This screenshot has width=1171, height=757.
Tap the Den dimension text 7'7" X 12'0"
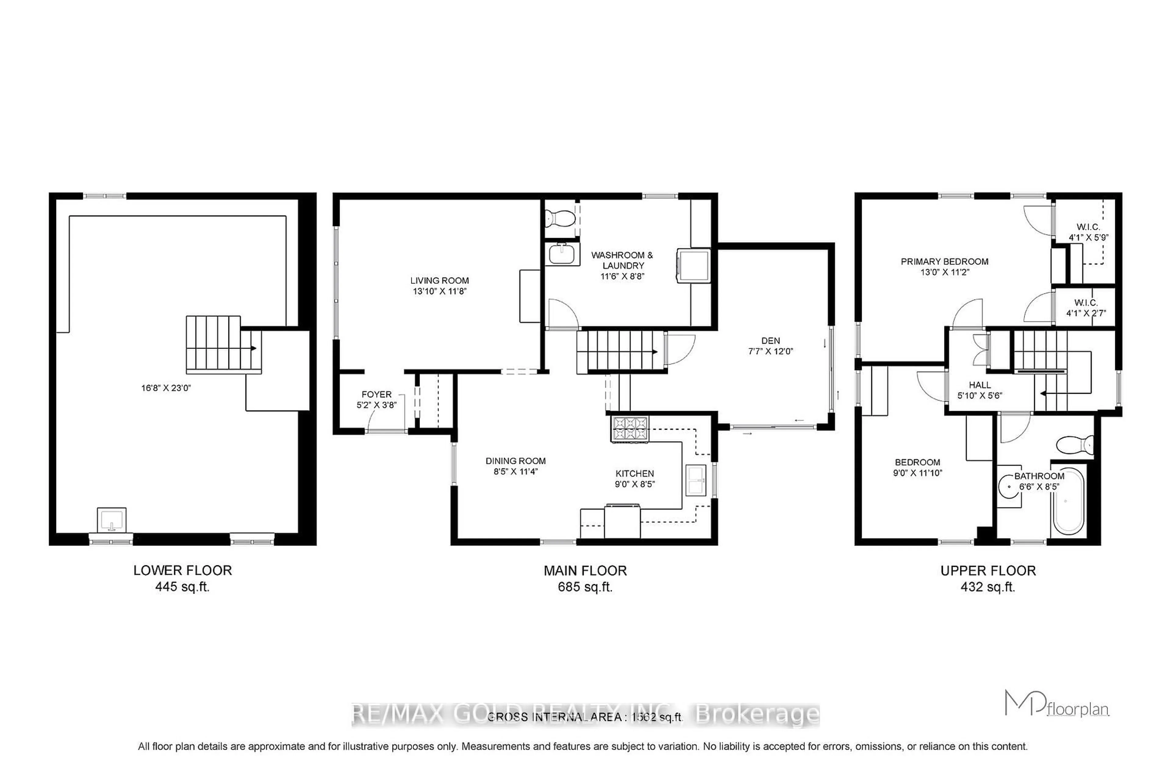[770, 351]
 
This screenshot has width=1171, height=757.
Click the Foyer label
[376, 394]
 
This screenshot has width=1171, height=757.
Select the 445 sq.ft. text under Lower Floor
[182, 587]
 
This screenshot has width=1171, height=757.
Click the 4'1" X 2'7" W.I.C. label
[1086, 313]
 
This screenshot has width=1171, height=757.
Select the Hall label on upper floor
[980, 385]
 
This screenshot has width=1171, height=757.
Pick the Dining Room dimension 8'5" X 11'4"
[515, 472]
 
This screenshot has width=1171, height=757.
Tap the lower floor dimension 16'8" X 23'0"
[166, 388]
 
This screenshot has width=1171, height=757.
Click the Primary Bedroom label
[944, 261]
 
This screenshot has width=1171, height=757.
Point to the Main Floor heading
[585, 571]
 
